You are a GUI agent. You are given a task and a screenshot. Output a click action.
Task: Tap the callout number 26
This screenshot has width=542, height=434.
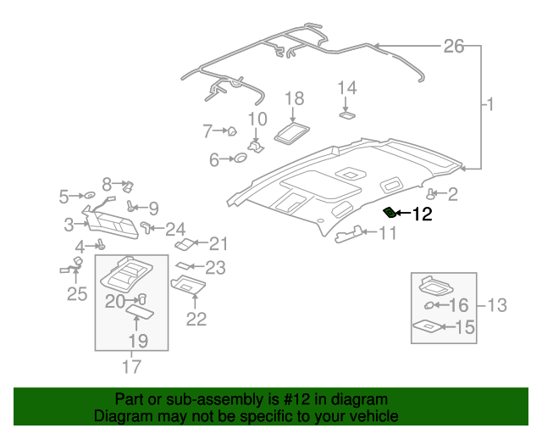[x=454, y=46]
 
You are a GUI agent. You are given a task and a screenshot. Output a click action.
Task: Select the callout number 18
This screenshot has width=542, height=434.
[x=294, y=99]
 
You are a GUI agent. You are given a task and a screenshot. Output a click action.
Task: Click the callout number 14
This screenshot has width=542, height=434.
[x=348, y=88]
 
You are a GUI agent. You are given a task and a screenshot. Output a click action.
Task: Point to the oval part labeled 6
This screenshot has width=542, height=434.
[x=239, y=159]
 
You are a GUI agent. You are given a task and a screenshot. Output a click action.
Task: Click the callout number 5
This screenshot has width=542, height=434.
[x=64, y=197]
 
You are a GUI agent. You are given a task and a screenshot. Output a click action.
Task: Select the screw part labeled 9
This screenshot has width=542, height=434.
[x=131, y=206]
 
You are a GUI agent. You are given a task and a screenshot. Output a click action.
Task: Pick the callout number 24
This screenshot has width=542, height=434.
[x=175, y=228]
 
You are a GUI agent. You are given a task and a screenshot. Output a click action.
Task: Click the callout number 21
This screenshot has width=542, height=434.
[x=219, y=245]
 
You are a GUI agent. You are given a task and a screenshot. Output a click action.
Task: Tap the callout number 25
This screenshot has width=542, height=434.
[x=77, y=294]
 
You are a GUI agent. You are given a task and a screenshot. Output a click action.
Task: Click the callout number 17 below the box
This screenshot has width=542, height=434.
[x=131, y=366]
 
